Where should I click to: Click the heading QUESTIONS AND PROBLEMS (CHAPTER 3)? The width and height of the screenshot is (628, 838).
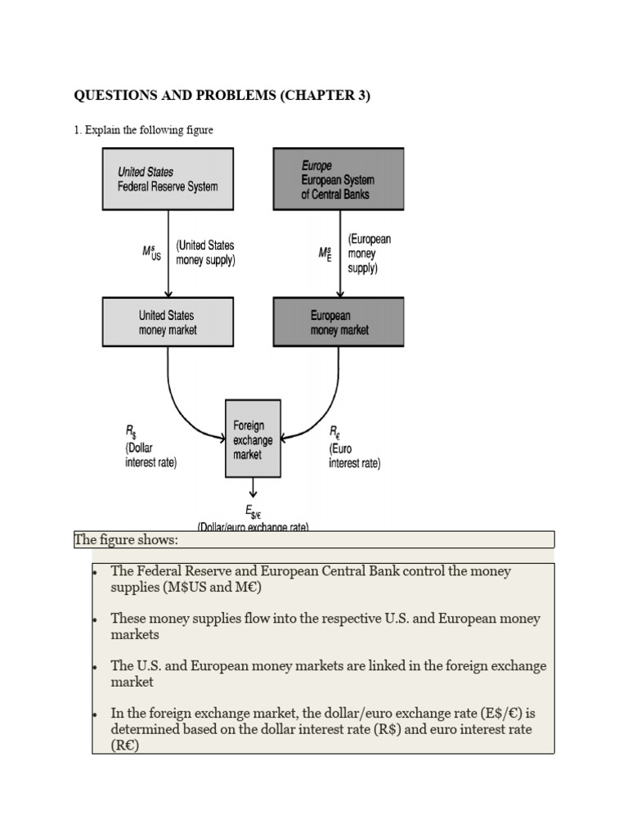pos(222,96)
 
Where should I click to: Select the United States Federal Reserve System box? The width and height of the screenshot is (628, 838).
pos(168,178)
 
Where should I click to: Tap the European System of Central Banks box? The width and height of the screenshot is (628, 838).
pos(338,178)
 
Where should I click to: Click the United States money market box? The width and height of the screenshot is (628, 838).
pos(168,322)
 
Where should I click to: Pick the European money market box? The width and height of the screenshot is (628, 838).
pos(338,322)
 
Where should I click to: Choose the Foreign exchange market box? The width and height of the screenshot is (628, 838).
pos(253,439)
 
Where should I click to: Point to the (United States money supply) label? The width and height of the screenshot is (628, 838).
pos(204,253)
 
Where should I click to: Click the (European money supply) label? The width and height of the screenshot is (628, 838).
pos(369,253)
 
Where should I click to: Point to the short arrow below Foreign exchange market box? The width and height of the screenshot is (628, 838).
pos(253,488)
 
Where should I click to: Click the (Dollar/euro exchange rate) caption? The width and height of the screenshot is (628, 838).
pos(253,527)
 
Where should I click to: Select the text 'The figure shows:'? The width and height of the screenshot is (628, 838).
pos(127,540)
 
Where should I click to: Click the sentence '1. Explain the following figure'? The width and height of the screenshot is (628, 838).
pos(144,130)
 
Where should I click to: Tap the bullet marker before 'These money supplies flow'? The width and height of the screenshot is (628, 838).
pos(96,619)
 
